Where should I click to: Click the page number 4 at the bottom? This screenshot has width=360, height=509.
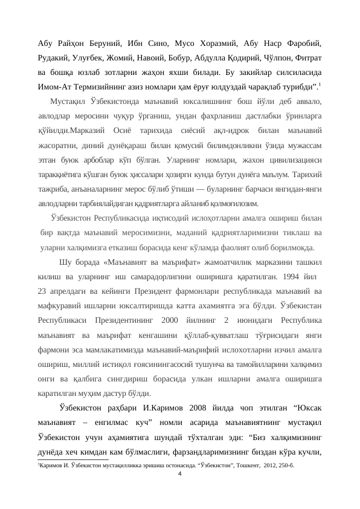(x=180, y=473)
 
